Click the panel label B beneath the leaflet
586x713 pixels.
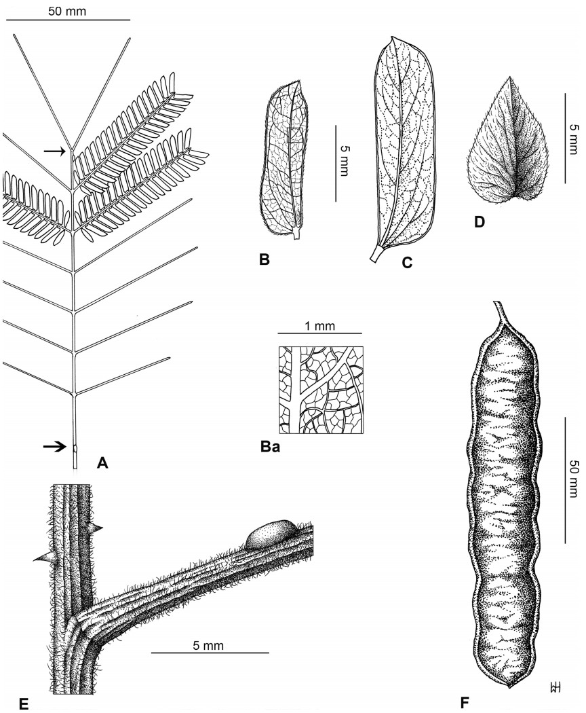(265, 257)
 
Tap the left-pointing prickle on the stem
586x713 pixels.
(42, 557)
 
